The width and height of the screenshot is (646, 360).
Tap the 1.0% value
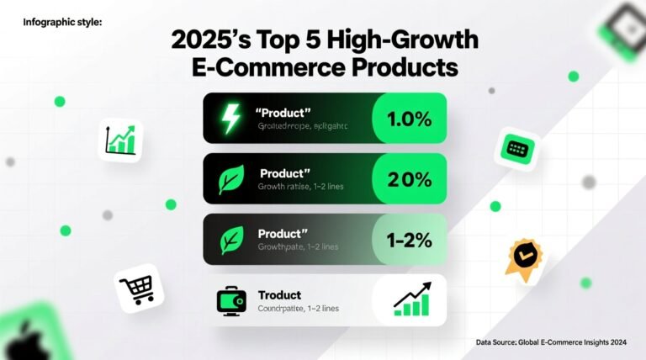[x=409, y=119]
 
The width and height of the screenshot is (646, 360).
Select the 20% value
[x=409, y=179]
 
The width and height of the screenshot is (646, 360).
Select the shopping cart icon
[x=137, y=289]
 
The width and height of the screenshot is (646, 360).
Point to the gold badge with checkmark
[x=519, y=258]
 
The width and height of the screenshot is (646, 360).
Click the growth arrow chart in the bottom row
[x=412, y=299]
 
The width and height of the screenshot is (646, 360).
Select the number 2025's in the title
[x=211, y=40]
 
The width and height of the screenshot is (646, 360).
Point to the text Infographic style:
[x=62, y=22]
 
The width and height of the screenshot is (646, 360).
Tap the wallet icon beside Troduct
[x=230, y=300]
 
